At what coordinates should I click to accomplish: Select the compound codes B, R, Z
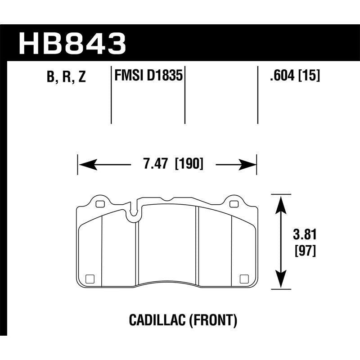pyautogui.click(x=66, y=77)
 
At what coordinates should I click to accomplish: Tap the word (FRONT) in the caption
pyautogui.click(x=212, y=320)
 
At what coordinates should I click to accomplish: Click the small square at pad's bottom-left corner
pyautogui.click(x=90, y=278)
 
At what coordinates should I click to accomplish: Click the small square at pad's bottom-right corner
pyautogui.click(x=244, y=278)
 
